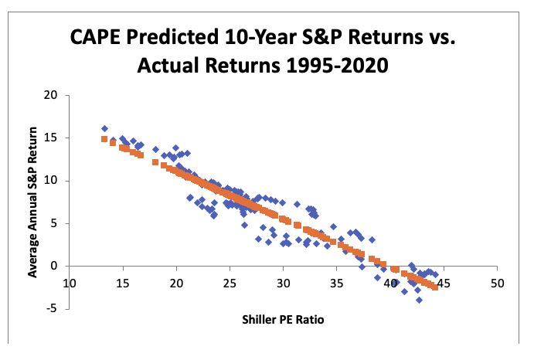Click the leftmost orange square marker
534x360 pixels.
pyautogui.click(x=104, y=139)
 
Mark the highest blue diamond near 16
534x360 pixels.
pyautogui.click(x=104, y=128)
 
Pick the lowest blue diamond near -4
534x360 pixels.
pyautogui.click(x=419, y=300)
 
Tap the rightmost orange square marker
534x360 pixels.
pyautogui.click(x=435, y=287)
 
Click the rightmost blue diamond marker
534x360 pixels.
pyautogui.click(x=436, y=274)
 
